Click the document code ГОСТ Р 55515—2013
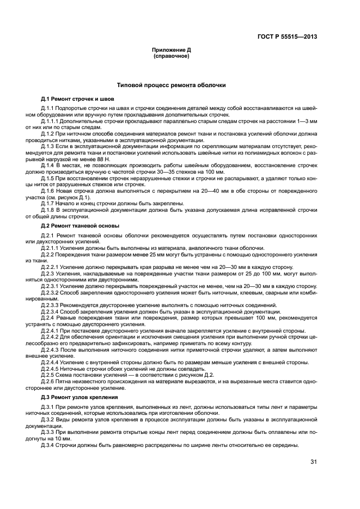287,37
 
